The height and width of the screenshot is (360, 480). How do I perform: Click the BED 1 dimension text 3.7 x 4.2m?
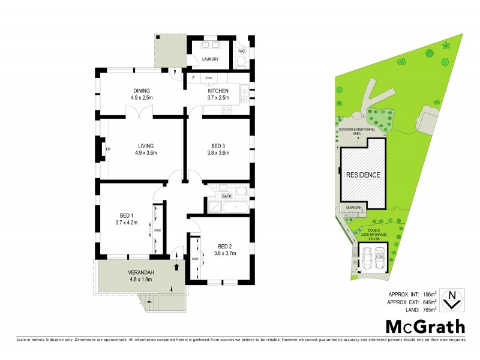(127, 222)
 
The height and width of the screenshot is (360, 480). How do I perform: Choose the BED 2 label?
(224, 246)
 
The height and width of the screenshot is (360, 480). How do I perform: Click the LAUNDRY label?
(210, 59)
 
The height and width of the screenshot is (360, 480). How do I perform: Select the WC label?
(242, 50)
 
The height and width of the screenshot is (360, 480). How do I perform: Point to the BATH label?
(226, 196)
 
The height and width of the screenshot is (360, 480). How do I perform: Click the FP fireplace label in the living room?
(108, 148)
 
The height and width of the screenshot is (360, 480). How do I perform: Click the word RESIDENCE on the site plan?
(363, 175)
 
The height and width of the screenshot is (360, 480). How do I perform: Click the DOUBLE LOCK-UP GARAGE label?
(372, 234)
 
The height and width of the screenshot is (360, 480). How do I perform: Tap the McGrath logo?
(424, 327)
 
